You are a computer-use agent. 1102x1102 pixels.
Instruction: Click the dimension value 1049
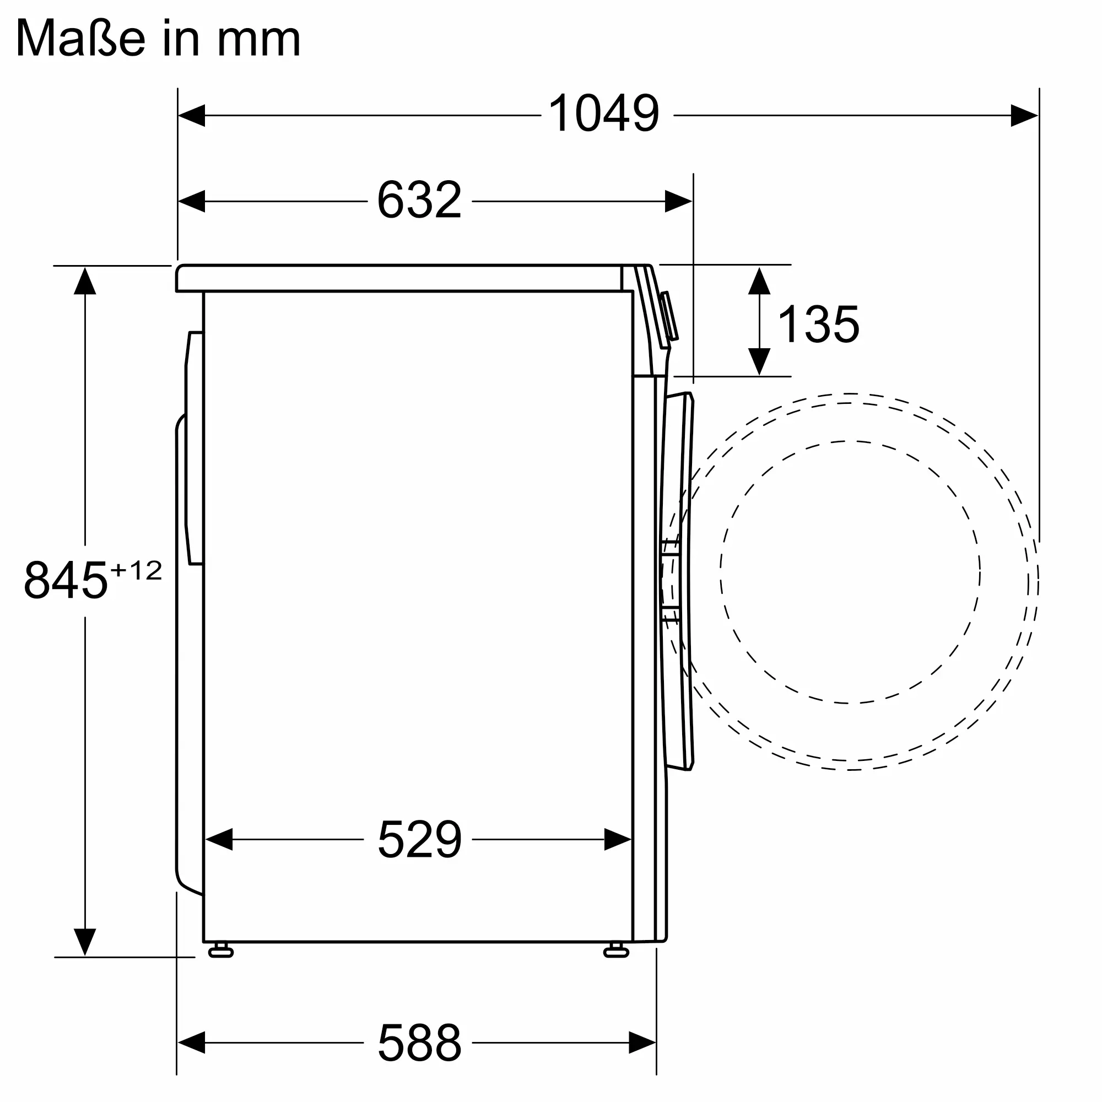(604, 114)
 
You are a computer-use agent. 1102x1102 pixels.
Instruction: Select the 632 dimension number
(419, 199)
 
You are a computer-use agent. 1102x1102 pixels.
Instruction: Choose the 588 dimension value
(419, 1042)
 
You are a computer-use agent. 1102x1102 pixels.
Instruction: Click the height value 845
(66, 580)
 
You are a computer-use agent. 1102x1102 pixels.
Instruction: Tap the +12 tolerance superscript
(136, 570)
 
